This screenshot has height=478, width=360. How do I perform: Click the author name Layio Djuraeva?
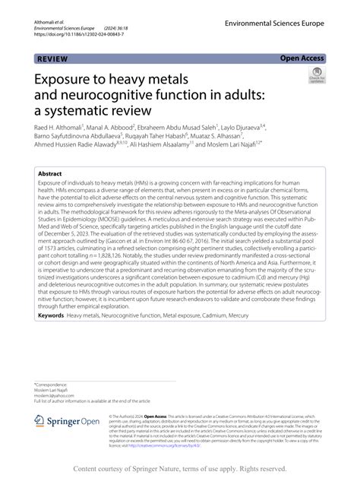tap(265, 128)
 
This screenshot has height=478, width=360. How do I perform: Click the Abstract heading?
tap(52, 173)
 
